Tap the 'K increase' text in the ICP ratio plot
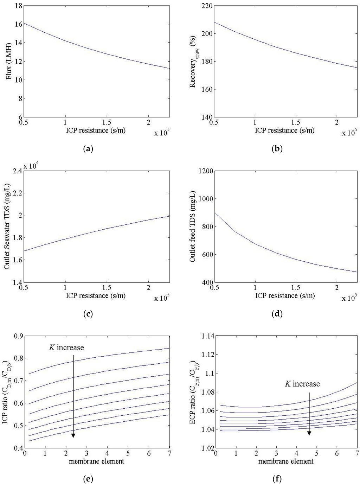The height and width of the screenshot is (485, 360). point(66,348)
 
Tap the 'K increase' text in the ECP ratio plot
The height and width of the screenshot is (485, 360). point(302,384)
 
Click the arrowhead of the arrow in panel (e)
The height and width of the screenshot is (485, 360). point(73,435)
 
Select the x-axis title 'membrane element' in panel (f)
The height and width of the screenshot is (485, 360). point(285,461)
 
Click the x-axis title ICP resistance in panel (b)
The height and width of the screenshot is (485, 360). point(285,130)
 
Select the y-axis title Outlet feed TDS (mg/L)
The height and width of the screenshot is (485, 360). point(193,227)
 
